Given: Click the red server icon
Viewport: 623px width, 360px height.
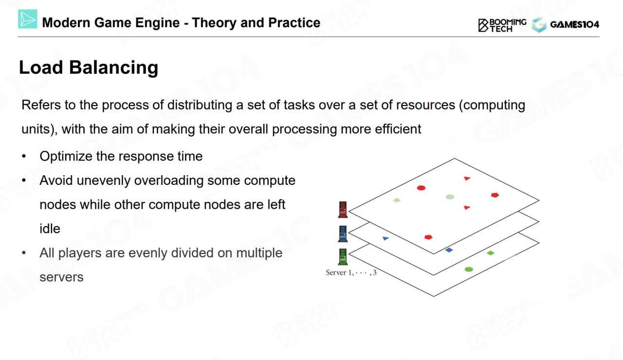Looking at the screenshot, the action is pyautogui.click(x=343, y=210).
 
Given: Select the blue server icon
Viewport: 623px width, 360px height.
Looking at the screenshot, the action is pyautogui.click(x=343, y=234).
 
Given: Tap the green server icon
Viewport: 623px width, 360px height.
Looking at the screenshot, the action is pyautogui.click(x=343, y=256).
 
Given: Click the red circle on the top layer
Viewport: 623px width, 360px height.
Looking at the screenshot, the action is pyautogui.click(x=421, y=188).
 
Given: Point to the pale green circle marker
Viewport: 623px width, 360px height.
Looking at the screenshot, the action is pyautogui.click(x=450, y=197).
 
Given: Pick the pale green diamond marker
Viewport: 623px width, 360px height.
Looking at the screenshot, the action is pyautogui.click(x=397, y=200).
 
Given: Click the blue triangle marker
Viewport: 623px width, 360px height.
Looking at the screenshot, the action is pyautogui.click(x=386, y=238).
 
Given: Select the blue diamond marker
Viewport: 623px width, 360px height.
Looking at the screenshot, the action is pyautogui.click(x=449, y=250).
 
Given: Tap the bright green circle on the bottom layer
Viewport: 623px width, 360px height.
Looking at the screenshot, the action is pyautogui.click(x=469, y=269).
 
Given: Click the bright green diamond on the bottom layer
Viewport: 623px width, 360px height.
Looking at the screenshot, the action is pyautogui.click(x=490, y=253).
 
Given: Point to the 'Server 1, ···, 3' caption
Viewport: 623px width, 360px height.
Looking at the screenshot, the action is pyautogui.click(x=351, y=272).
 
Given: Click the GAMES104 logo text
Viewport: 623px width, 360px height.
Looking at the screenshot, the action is pyautogui.click(x=575, y=24).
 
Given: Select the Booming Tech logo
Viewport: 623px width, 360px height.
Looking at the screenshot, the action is pyautogui.click(x=502, y=25).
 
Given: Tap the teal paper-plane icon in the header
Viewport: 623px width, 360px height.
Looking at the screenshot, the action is pyautogui.click(x=28, y=19).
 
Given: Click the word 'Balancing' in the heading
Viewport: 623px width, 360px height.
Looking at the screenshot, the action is pyautogui.click(x=113, y=68).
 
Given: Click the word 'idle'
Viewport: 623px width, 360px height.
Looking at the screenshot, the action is pyautogui.click(x=50, y=229).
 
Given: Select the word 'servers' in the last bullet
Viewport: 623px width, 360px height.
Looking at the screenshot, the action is pyautogui.click(x=61, y=277).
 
